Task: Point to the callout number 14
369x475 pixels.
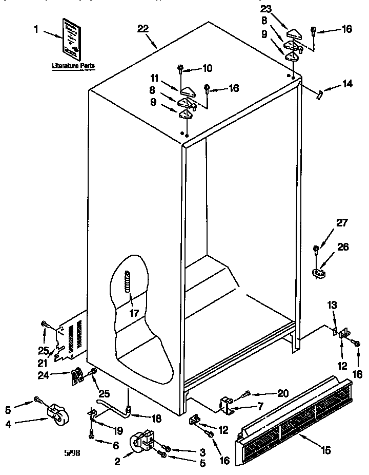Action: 347,84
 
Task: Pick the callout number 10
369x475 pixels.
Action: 207,68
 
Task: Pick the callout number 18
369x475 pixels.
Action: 156,419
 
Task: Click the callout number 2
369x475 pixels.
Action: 117,462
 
